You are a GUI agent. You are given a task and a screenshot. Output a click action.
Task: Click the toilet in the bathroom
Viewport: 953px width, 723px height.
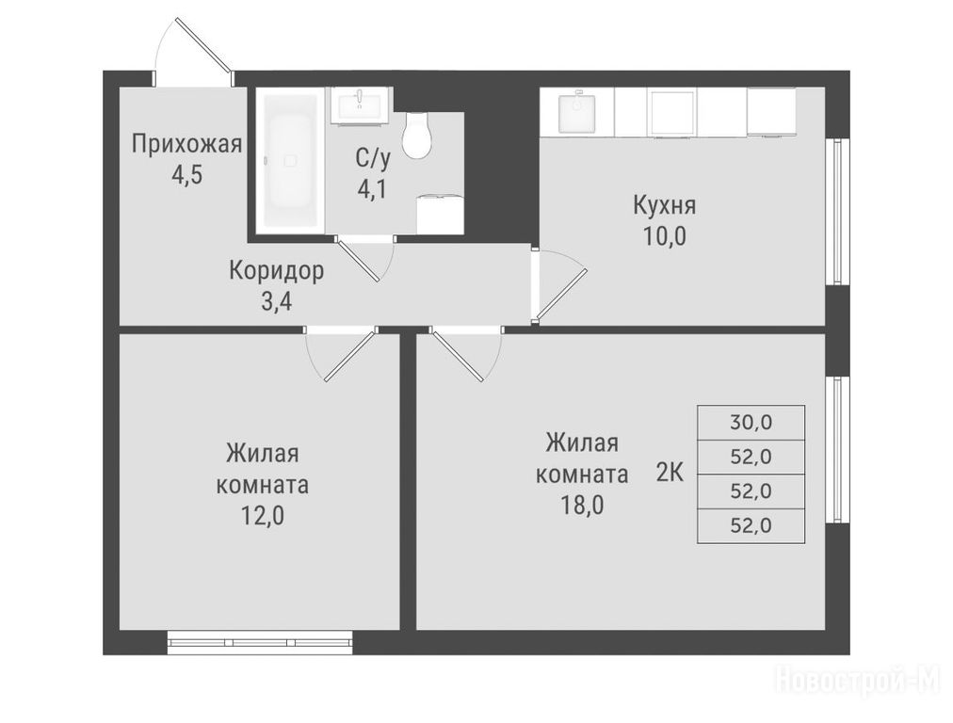417,135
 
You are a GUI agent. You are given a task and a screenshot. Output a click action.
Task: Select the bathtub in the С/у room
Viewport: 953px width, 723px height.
290,161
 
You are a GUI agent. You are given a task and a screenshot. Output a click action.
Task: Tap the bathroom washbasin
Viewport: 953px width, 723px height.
361,105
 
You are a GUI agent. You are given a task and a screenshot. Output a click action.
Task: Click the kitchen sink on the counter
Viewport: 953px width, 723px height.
576,112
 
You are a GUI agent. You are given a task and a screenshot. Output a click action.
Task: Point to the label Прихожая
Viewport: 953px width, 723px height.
187,145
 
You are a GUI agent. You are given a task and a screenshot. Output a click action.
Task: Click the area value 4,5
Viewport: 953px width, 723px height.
186,175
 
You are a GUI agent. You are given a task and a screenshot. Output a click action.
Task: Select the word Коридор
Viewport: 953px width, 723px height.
277,271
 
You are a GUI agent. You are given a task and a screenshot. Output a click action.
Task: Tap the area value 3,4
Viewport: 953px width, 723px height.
277,301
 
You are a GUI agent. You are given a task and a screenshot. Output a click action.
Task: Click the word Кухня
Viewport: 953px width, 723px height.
664,205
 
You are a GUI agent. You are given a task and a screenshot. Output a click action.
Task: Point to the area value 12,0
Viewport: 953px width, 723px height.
263,516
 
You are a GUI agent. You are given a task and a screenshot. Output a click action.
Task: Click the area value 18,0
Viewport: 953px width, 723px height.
582,505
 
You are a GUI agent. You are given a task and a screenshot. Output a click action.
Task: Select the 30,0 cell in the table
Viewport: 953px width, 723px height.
751,423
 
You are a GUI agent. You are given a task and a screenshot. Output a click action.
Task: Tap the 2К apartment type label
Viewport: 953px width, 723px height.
670,472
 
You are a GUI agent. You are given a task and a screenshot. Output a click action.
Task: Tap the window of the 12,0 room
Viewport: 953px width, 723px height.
260,642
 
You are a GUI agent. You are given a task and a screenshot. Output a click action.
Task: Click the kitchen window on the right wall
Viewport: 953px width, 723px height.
837,211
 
